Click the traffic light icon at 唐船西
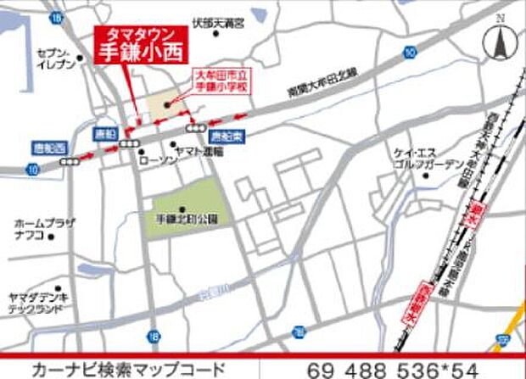tap(70, 159)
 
